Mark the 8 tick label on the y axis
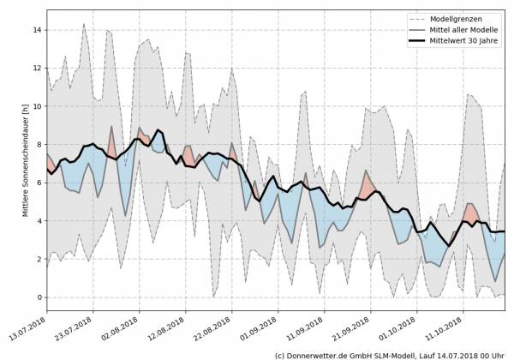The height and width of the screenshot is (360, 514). click(x=39, y=144)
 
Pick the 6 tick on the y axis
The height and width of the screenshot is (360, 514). click(x=39, y=183)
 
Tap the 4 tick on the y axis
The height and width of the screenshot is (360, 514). click(x=39, y=220)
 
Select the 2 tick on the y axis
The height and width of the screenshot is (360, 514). click(x=39, y=259)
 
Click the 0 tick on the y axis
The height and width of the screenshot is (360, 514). click(x=39, y=297)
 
